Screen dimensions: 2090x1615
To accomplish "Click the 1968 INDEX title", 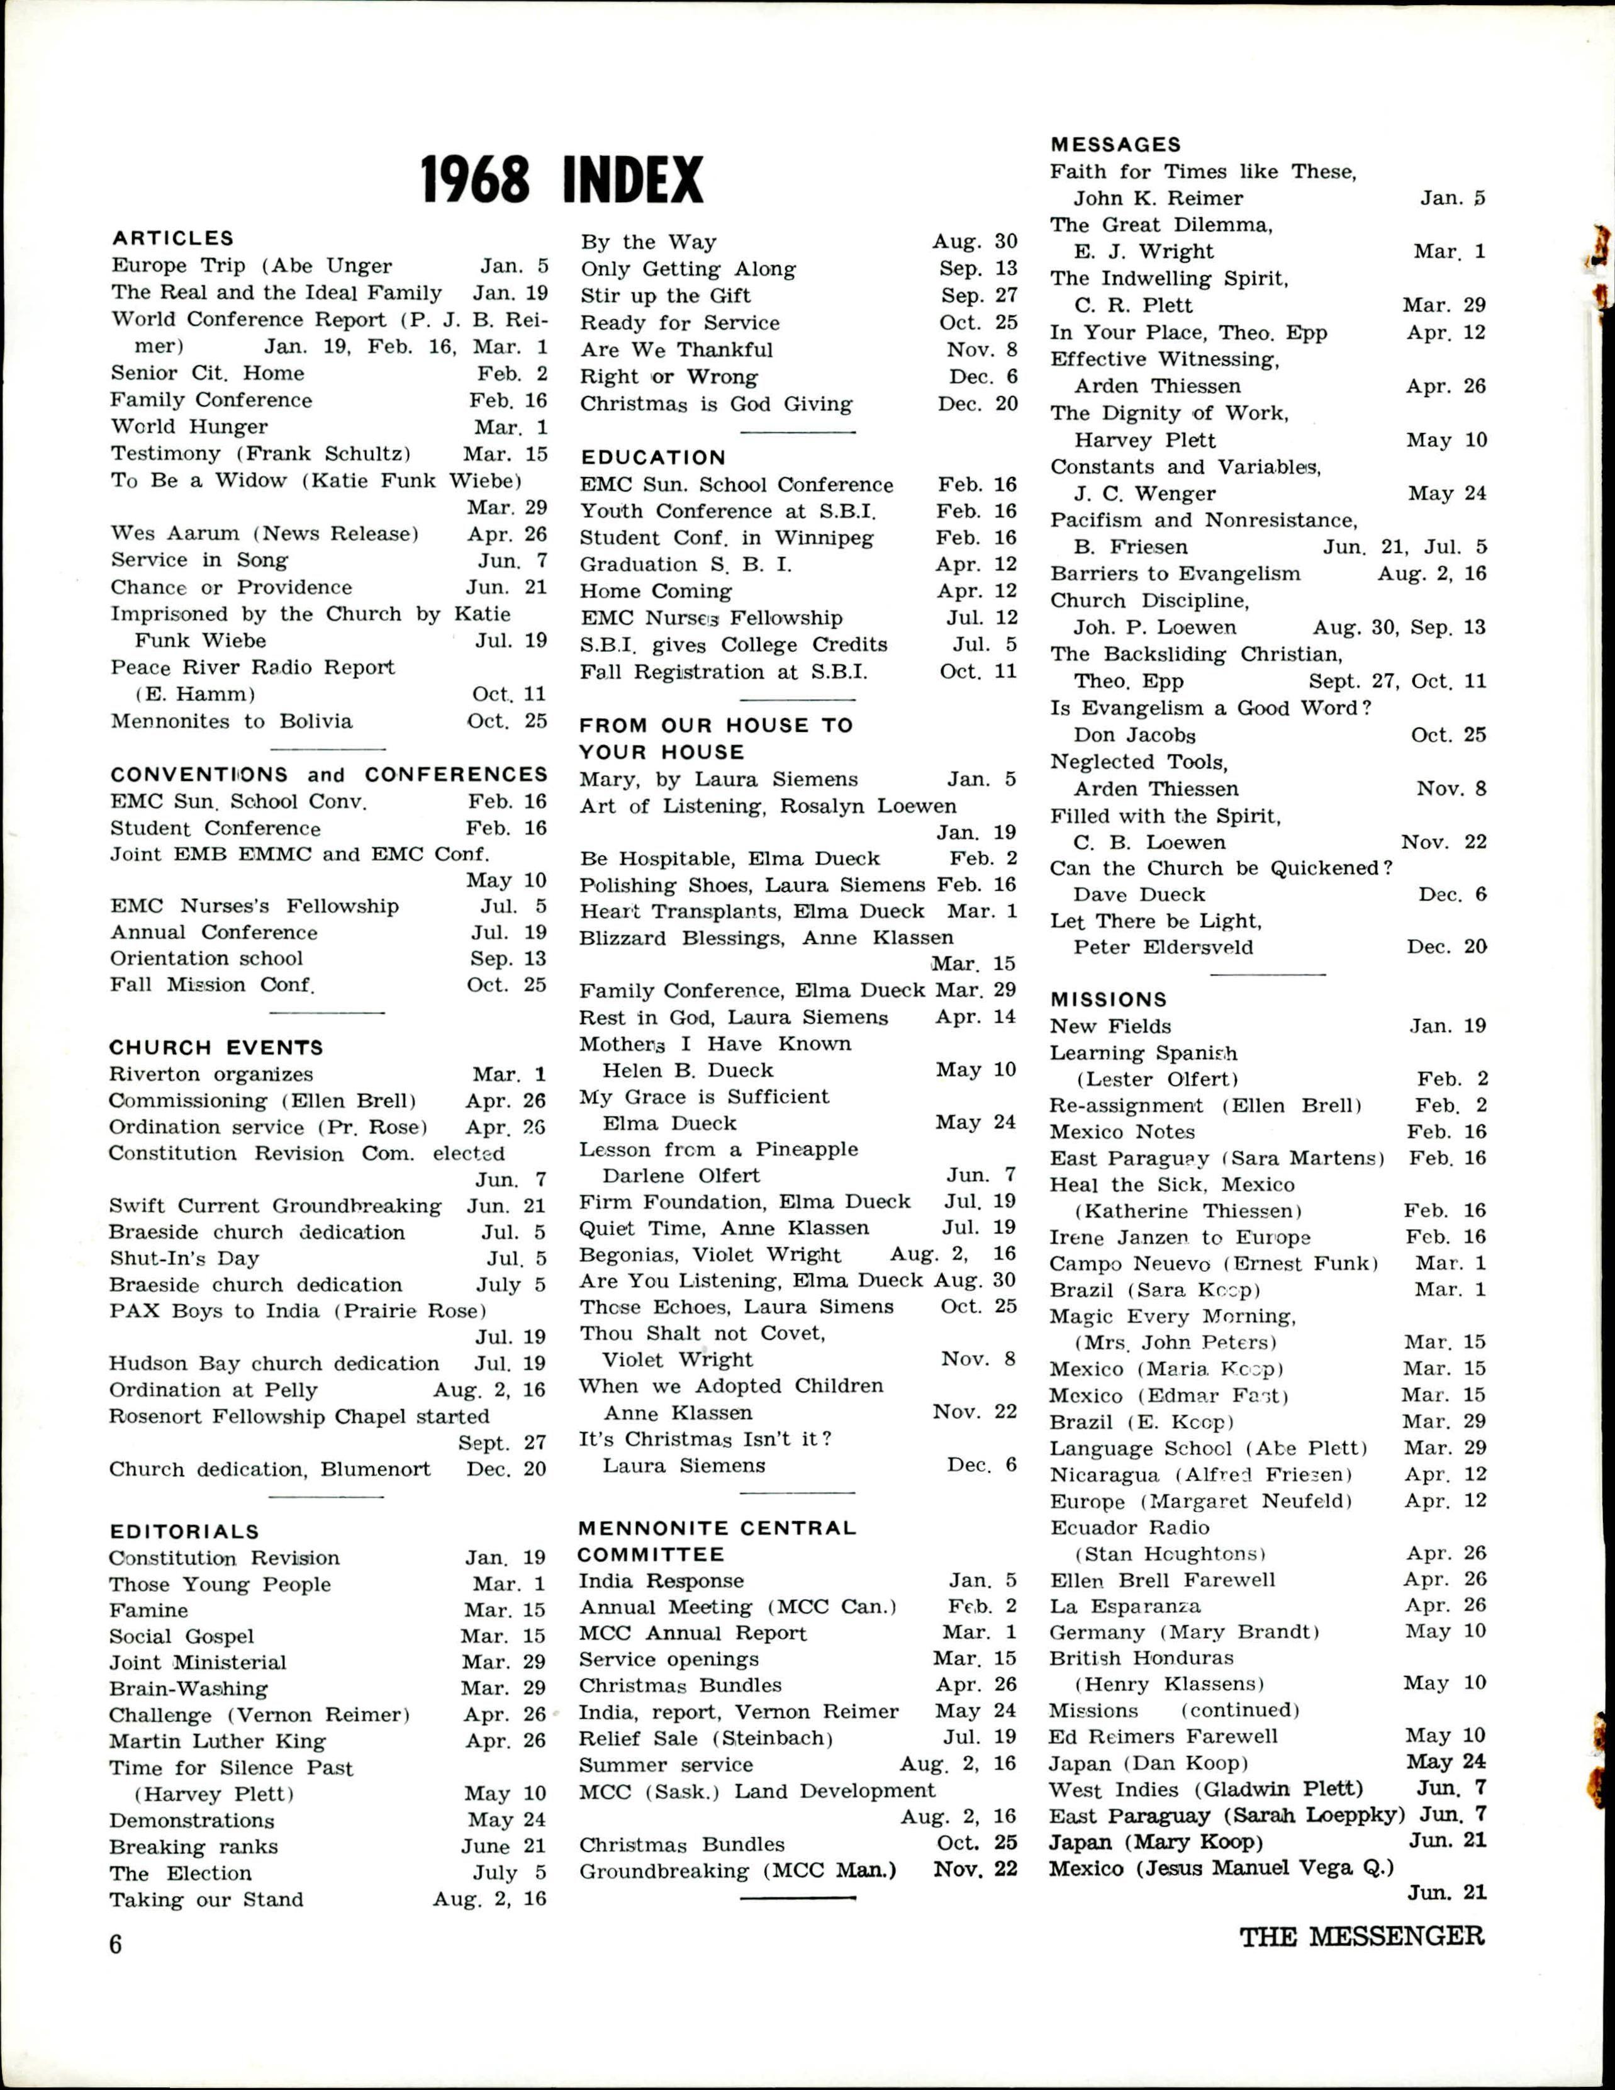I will tap(562, 179).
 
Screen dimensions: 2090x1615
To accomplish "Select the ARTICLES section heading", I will tap(172, 239).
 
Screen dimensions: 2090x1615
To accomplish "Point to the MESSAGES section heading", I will tap(1115, 145).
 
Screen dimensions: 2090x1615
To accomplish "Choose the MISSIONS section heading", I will tap(1108, 999).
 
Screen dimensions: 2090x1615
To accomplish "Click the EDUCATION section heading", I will tap(652, 458).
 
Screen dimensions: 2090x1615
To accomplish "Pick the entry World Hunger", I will tap(189, 427).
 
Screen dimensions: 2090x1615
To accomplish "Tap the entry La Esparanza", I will tap(1125, 1606).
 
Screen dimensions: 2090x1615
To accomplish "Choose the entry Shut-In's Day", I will tap(184, 1259).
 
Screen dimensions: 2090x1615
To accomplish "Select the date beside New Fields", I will tap(1448, 1026).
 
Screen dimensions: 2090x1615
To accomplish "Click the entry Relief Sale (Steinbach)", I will tap(706, 1738).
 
